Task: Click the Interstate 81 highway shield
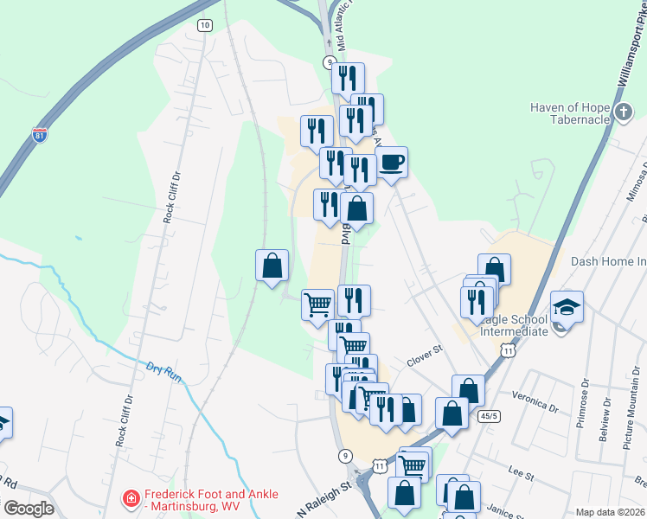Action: tap(39, 135)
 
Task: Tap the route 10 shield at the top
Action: tap(204, 25)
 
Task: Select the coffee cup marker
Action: tap(391, 162)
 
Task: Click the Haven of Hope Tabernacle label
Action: tap(571, 113)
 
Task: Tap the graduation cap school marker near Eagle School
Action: tap(567, 307)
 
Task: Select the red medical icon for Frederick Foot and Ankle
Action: tap(131, 499)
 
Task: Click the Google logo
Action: tap(29, 509)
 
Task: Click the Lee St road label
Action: tap(520, 472)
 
